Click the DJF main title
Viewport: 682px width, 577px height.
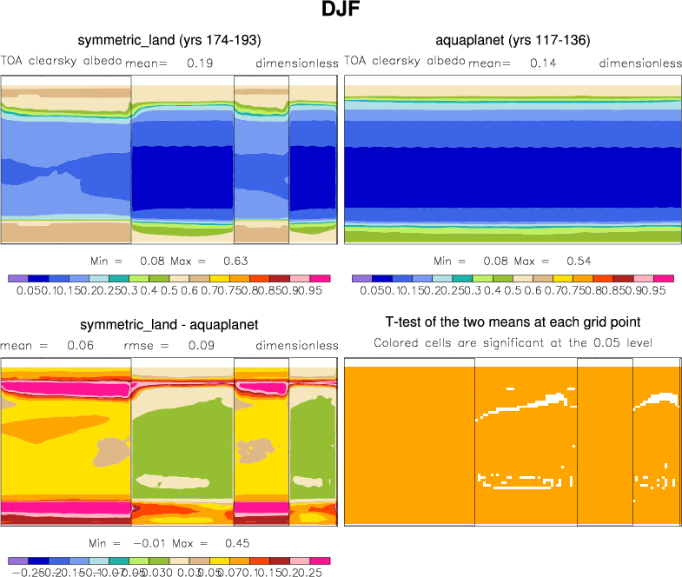click(x=341, y=11)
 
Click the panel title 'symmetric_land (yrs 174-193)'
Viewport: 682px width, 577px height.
click(x=169, y=41)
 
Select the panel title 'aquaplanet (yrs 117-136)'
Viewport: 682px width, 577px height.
click(x=513, y=41)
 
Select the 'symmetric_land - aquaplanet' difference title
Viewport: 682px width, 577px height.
click(x=170, y=325)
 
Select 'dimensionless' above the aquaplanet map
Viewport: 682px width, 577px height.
click(x=640, y=63)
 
